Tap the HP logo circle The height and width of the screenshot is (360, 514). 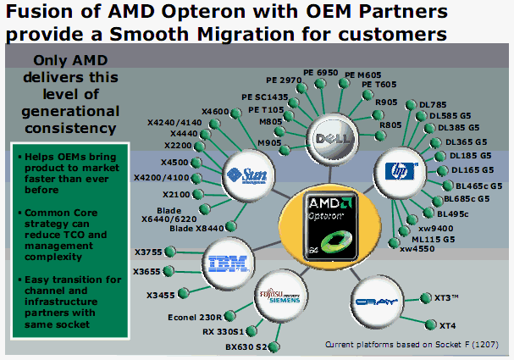click(x=396, y=168)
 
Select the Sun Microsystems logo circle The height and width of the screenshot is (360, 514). click(x=246, y=175)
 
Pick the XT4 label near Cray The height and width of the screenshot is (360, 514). click(x=448, y=325)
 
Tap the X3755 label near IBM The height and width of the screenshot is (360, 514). click(x=149, y=252)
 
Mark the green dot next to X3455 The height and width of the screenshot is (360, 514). click(x=177, y=295)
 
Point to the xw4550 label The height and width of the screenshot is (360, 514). click(x=417, y=248)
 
